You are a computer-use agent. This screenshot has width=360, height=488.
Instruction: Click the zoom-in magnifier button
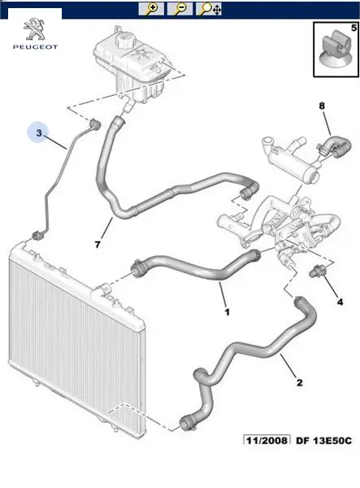pyautogui.click(x=151, y=9)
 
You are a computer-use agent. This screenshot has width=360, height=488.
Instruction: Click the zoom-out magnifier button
pyautogui.click(x=180, y=9)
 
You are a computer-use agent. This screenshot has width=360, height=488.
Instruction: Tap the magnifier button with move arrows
pyautogui.click(x=209, y=9)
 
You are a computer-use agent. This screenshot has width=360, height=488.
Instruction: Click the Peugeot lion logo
pyautogui.click(x=34, y=29)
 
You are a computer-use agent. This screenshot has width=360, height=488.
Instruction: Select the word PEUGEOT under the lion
pyautogui.click(x=36, y=47)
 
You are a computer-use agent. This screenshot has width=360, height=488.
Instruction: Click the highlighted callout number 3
pyautogui.click(x=38, y=133)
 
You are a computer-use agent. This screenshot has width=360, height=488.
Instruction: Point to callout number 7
pyautogui.click(x=98, y=245)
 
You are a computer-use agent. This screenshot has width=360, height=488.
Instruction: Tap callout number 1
pyautogui.click(x=228, y=312)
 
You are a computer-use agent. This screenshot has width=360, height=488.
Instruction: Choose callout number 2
pyautogui.click(x=299, y=382)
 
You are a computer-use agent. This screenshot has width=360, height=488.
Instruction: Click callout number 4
pyautogui.click(x=340, y=302)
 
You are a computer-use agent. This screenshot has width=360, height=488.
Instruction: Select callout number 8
pyautogui.click(x=322, y=106)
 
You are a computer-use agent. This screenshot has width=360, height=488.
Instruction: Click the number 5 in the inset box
pyautogui.click(x=353, y=28)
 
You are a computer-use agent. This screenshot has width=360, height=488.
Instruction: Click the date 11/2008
pyautogui.click(x=267, y=440)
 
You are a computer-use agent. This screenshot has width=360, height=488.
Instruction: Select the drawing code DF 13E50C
pyautogui.click(x=323, y=441)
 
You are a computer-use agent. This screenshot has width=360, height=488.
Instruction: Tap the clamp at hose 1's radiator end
pyautogui.click(x=138, y=268)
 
